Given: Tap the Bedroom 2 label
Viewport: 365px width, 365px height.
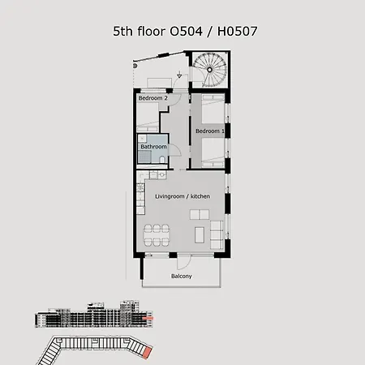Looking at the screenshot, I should coord(152,98).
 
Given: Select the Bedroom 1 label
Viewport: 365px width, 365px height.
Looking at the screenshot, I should coord(208,130).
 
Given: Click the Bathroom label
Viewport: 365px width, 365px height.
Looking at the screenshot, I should coord(154,146).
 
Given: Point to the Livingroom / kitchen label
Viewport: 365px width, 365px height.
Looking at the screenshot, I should coord(182,197).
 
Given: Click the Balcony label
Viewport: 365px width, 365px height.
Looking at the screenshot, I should coord(182,277).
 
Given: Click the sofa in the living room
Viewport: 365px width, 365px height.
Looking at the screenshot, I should coord(217,234).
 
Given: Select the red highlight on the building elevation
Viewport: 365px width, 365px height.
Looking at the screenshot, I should coord(148,322).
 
